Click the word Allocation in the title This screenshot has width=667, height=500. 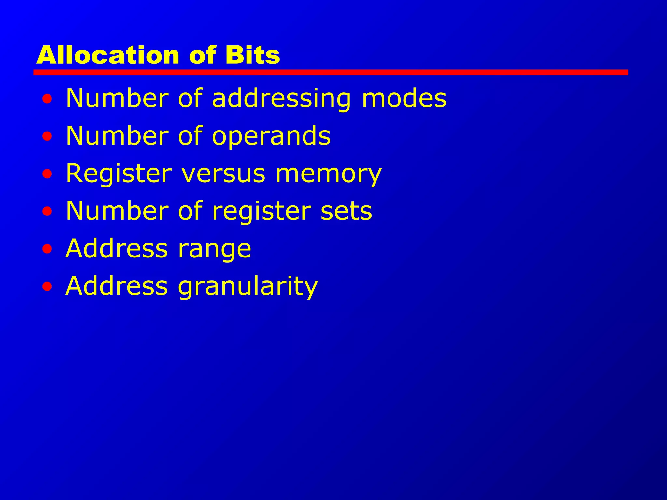(107, 55)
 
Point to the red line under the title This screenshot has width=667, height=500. (330, 72)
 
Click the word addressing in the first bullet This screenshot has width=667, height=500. (281, 99)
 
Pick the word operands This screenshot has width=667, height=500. (271, 136)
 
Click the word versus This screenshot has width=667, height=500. (223, 173)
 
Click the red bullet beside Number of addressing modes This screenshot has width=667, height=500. (47, 99)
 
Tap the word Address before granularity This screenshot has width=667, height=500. (117, 286)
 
